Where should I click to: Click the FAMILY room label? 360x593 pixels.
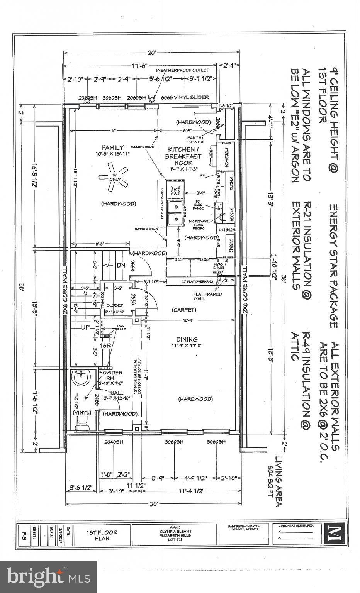tap(112, 147)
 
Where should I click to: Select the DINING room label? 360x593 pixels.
tap(187, 339)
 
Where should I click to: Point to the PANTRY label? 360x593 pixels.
tap(195, 138)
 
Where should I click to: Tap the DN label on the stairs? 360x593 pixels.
tap(121, 266)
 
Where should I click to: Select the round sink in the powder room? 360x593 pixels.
tap(82, 378)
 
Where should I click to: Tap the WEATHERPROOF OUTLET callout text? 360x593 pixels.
tap(182, 70)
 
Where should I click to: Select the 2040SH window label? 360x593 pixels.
tap(112, 442)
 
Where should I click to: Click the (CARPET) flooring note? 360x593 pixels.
tap(184, 310)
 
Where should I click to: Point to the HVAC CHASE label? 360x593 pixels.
tap(219, 266)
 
